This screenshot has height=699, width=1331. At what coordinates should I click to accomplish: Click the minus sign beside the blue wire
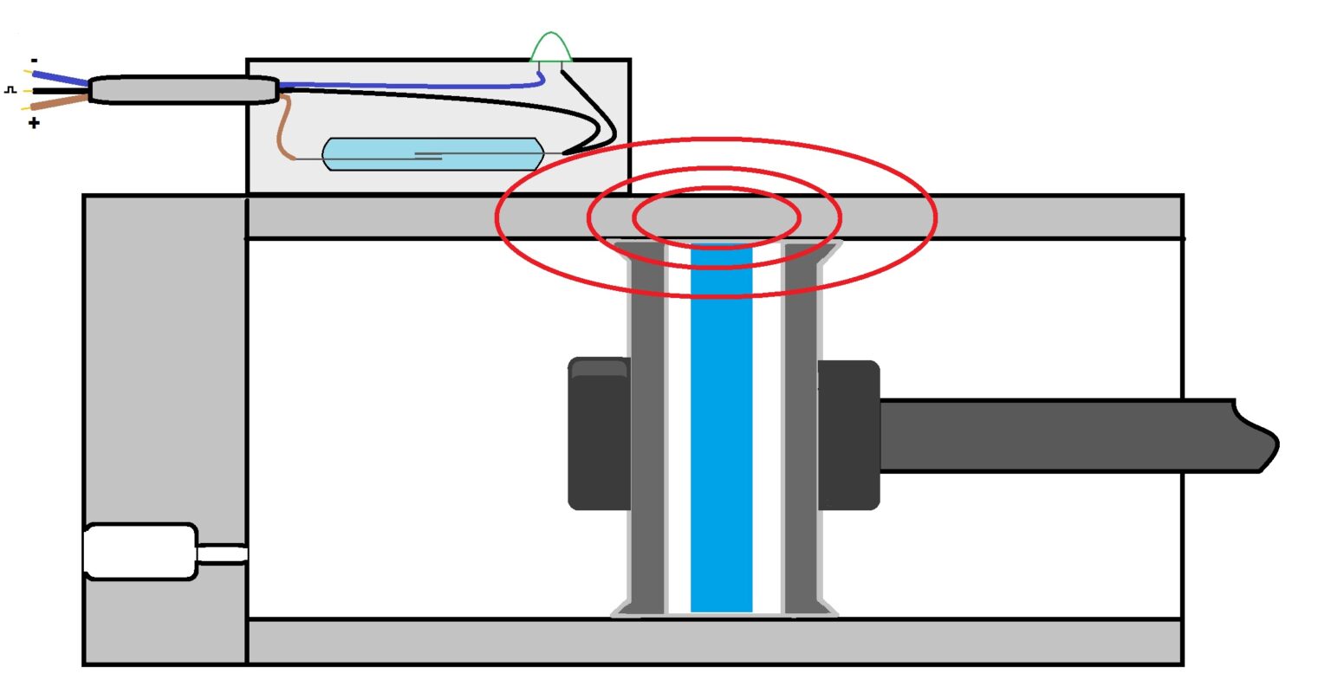point(34,61)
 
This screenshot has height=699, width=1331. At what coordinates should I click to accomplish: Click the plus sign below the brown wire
point(34,123)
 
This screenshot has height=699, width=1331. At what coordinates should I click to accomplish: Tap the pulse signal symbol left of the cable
point(10,89)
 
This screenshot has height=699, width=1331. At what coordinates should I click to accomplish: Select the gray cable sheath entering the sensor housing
point(182,90)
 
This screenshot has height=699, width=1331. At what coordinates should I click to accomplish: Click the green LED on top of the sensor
point(551,49)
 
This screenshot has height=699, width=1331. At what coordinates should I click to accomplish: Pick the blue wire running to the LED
point(407,85)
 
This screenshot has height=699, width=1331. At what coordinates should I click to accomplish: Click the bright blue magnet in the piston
point(721,433)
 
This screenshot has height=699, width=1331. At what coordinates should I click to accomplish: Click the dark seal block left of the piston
point(598,433)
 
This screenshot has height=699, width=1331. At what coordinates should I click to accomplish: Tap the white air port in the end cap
point(139,552)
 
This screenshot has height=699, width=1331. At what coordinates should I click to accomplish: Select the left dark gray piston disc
point(646,433)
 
